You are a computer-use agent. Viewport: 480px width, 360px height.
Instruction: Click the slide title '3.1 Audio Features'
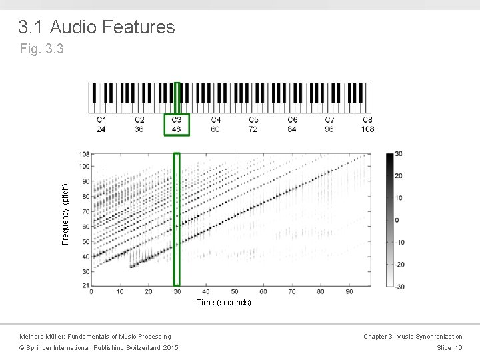97,27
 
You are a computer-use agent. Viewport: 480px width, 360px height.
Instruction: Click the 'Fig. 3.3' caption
42,49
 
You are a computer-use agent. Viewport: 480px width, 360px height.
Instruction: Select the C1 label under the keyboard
101,120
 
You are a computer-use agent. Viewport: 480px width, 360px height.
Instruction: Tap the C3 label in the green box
177,120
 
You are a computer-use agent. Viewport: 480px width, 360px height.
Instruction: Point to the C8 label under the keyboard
367,120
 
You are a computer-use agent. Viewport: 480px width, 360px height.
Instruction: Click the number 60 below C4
215,129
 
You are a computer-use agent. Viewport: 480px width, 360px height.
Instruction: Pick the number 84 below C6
293,129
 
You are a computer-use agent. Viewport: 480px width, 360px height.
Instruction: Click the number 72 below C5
254,129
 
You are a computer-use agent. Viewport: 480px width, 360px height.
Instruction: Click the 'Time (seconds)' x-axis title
224,303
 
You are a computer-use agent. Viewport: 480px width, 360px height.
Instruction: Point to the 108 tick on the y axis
84,154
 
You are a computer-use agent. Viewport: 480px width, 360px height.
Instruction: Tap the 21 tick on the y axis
85,286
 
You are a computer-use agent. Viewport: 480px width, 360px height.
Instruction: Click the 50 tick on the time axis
234,292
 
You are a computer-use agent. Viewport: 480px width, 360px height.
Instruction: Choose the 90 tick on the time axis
349,292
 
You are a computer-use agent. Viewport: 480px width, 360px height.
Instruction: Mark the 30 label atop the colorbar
398,154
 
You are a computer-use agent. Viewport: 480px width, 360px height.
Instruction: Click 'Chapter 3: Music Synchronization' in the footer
413,337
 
